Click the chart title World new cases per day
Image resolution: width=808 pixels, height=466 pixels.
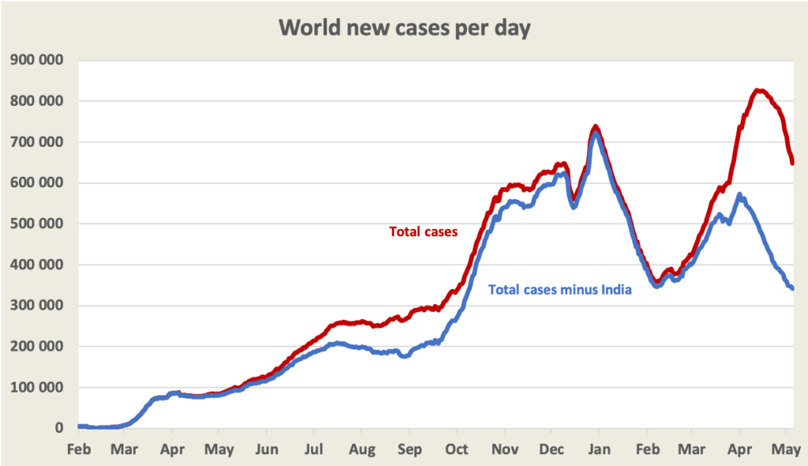[404, 28]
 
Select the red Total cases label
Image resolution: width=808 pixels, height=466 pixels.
[425, 231]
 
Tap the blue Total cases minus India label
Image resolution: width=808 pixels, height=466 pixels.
[560, 289]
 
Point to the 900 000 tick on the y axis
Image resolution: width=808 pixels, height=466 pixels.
[38, 60]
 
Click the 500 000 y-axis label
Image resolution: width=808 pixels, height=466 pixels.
[38, 224]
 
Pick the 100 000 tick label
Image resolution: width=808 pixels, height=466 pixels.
[38, 387]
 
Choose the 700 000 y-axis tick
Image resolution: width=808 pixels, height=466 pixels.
[38, 142]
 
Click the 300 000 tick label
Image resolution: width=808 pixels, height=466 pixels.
[38, 306]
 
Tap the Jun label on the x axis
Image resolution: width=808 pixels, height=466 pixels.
[267, 449]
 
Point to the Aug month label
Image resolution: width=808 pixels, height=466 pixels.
[361, 449]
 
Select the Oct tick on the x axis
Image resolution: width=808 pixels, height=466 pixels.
[456, 449]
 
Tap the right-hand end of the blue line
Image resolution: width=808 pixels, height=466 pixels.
[791, 288]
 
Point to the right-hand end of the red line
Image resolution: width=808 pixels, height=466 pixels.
[792, 163]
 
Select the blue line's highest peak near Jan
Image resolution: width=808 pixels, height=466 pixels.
[597, 133]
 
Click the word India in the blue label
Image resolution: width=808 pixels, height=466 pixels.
[616, 289]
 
